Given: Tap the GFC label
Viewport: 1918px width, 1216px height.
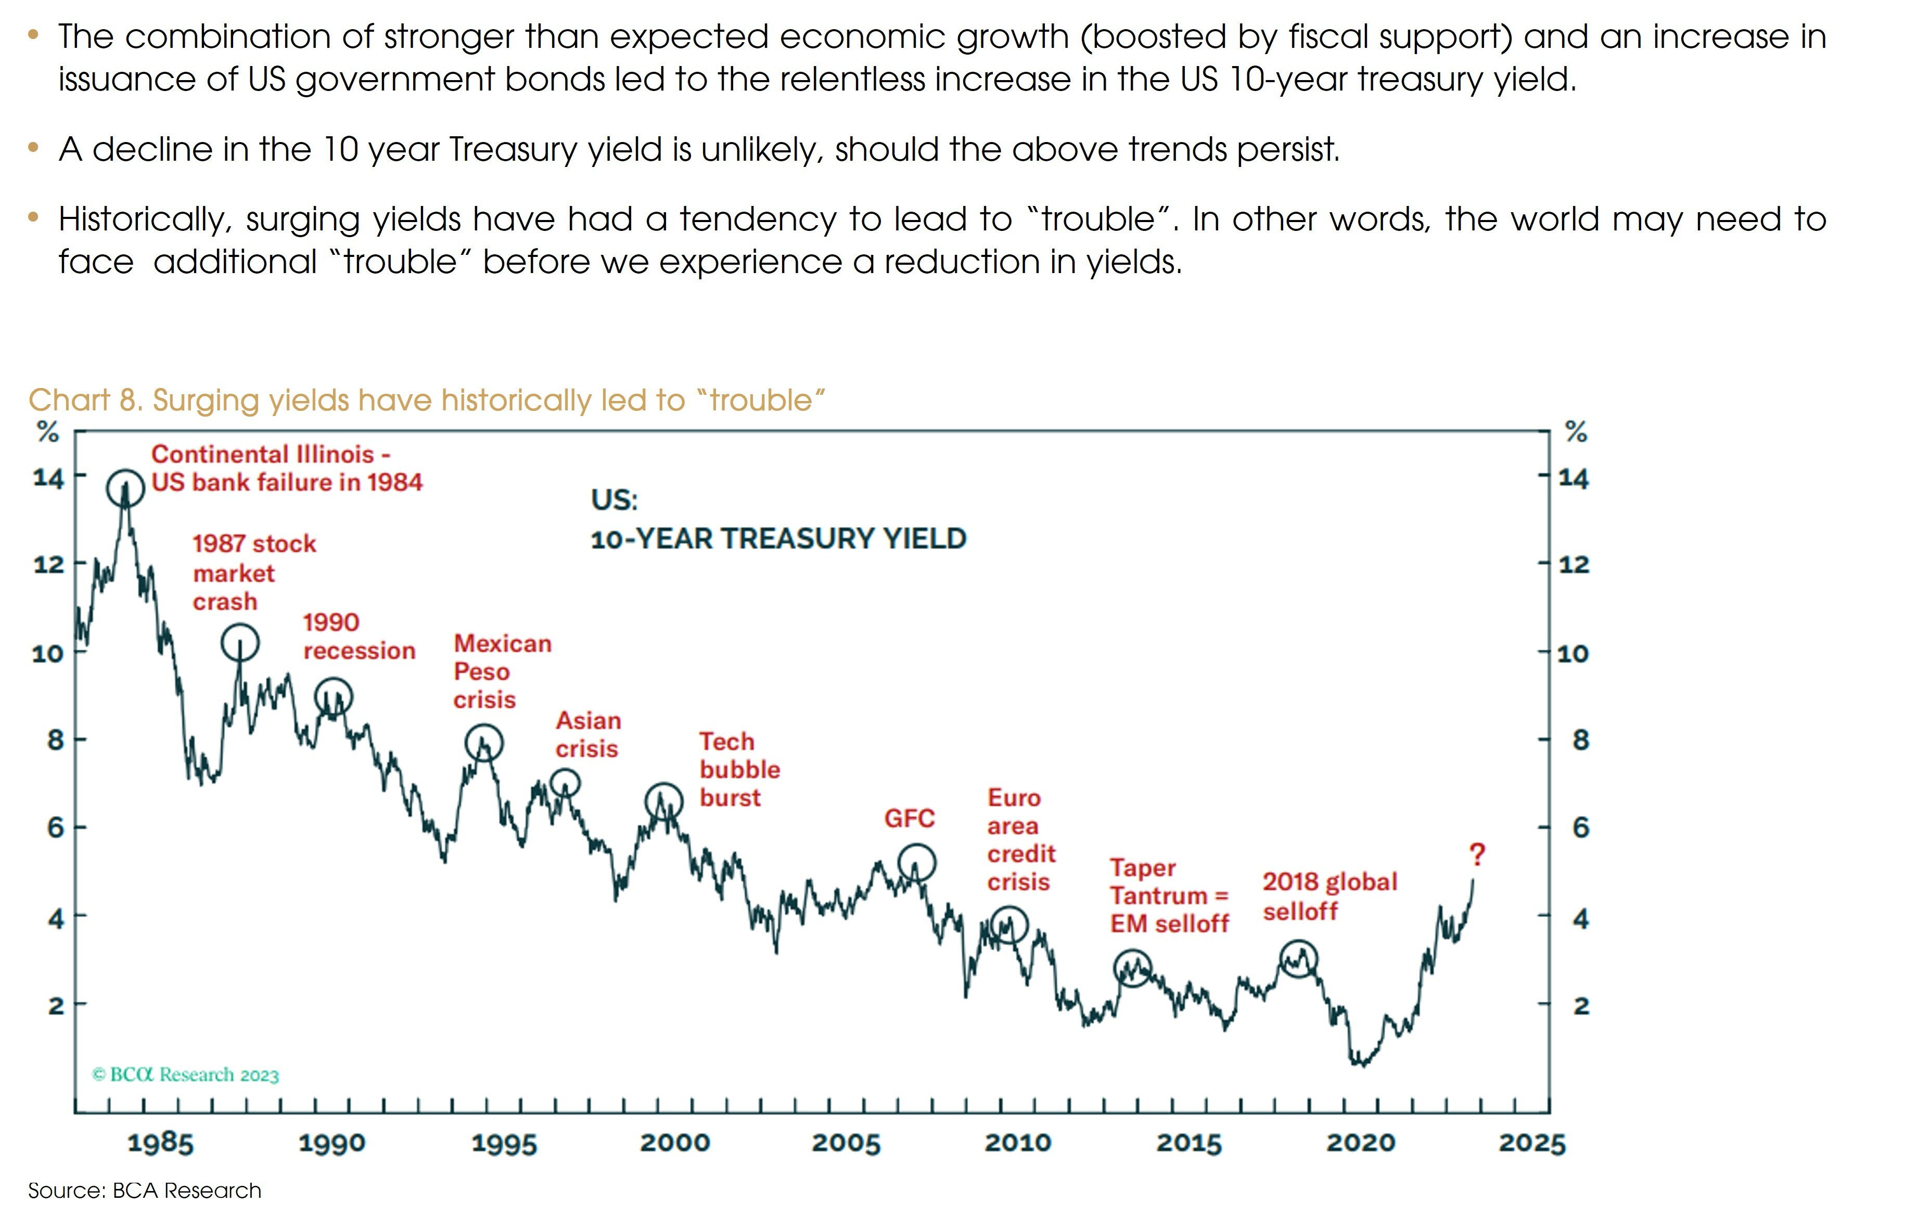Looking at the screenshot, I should [x=909, y=819].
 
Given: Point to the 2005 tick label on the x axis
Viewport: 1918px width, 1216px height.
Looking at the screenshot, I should [x=846, y=1144].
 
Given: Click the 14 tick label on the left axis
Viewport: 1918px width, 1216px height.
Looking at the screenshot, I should [x=48, y=478].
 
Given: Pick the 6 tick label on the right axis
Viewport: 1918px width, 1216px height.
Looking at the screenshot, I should [x=1580, y=828].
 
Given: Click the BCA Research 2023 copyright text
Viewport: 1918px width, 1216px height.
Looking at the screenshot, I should [x=186, y=1075].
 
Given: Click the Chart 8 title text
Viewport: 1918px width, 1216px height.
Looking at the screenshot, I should [x=426, y=400].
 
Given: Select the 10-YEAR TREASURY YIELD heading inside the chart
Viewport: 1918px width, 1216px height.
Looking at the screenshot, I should [x=778, y=539].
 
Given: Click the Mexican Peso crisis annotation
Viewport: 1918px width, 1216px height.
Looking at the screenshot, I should [x=502, y=671].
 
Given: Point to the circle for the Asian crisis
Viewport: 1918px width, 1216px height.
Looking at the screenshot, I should [x=565, y=784].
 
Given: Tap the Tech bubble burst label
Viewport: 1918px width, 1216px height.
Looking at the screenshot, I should [x=739, y=769].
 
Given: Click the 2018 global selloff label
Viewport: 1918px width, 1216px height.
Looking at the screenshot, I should [x=1329, y=896].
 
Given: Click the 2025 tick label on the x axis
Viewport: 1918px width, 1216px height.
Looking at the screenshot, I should [x=1532, y=1144].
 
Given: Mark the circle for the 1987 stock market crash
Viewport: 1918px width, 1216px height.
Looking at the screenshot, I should [x=240, y=642].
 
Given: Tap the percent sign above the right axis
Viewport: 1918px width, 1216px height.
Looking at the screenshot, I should [x=1576, y=432].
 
